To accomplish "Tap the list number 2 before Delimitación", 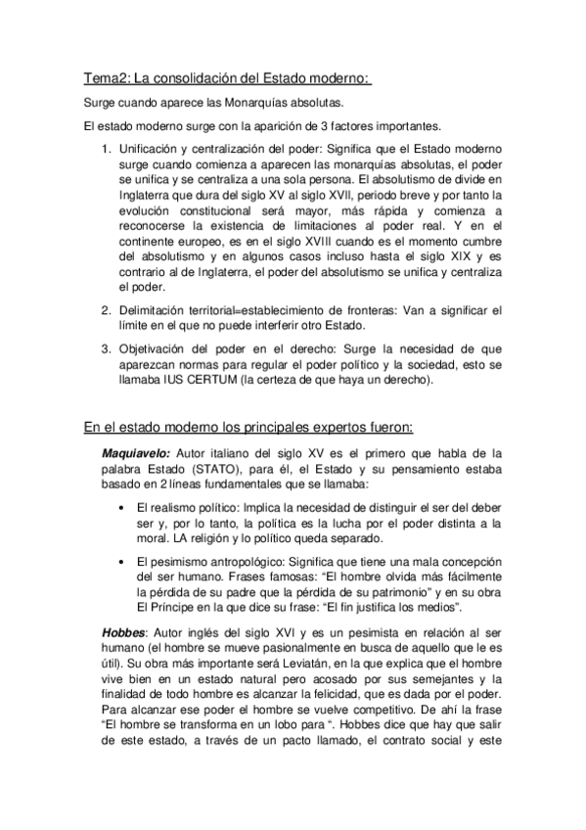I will pos(107,311).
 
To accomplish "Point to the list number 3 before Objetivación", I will pos(107,347).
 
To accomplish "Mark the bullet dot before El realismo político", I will pos(118,510).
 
